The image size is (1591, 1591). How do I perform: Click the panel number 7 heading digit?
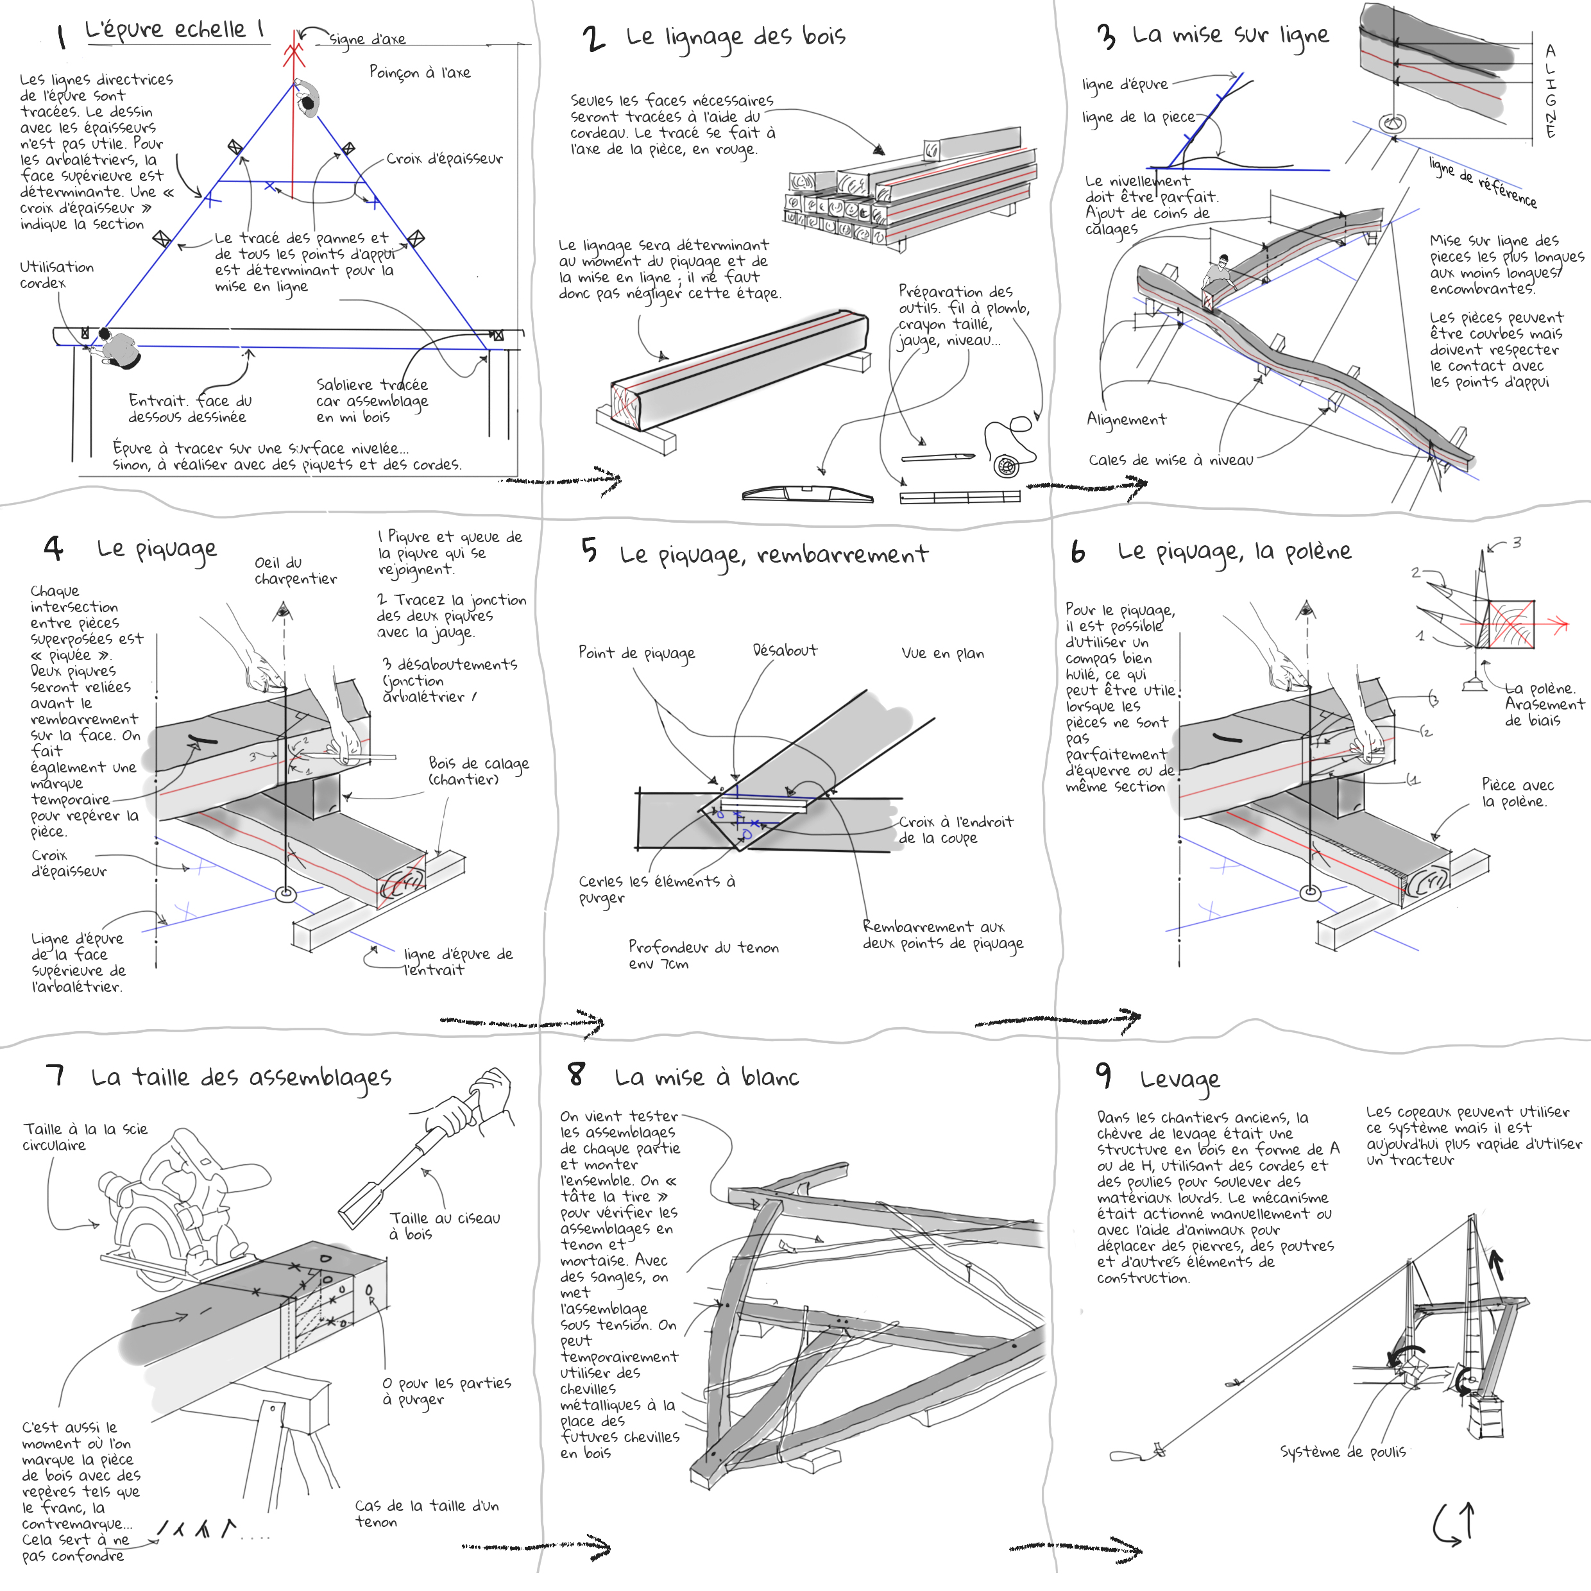click(56, 1075)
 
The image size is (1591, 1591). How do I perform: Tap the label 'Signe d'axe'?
click(368, 38)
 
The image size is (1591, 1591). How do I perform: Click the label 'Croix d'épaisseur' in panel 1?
click(444, 158)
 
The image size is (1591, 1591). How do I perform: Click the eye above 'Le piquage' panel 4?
click(284, 610)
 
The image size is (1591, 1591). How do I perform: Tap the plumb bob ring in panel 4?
click(285, 894)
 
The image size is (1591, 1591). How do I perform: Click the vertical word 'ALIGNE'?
click(1550, 90)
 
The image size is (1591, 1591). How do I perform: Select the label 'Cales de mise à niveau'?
click(1170, 459)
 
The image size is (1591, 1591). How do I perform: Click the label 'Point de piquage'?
click(636, 653)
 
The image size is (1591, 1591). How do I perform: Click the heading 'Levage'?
click(1179, 1079)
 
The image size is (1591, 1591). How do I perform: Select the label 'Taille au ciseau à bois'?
click(445, 1225)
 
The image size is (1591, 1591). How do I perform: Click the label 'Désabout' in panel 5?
click(784, 651)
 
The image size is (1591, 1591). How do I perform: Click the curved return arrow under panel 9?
click(1454, 1524)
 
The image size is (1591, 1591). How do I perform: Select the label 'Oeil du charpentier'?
click(295, 571)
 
